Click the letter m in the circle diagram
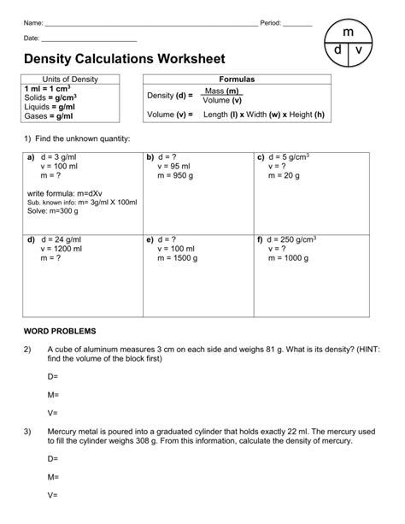[348, 31]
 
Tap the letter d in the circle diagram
[338, 50]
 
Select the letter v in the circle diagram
[358, 50]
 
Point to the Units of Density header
[70, 79]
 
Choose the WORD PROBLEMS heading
[60, 330]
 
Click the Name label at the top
[32, 23]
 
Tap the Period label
[269, 23]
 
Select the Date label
[32, 38]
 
